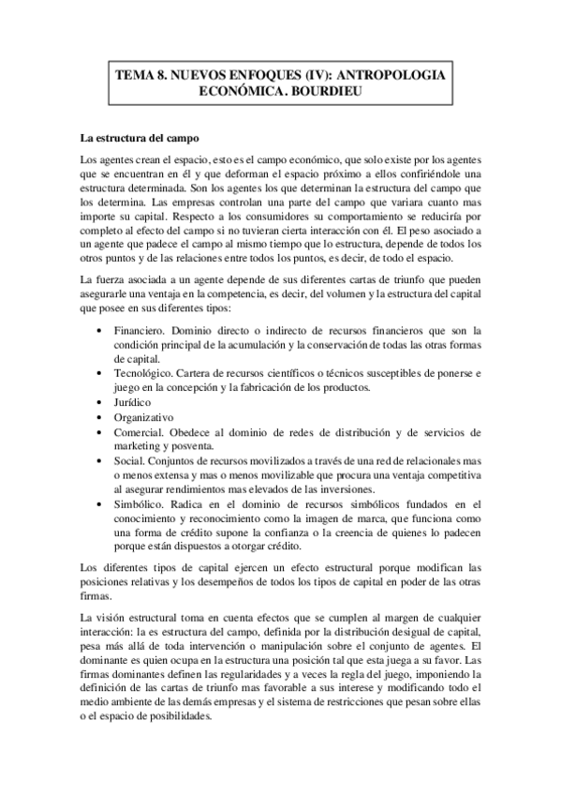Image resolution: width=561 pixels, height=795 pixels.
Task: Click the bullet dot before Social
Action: [x=100, y=461]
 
